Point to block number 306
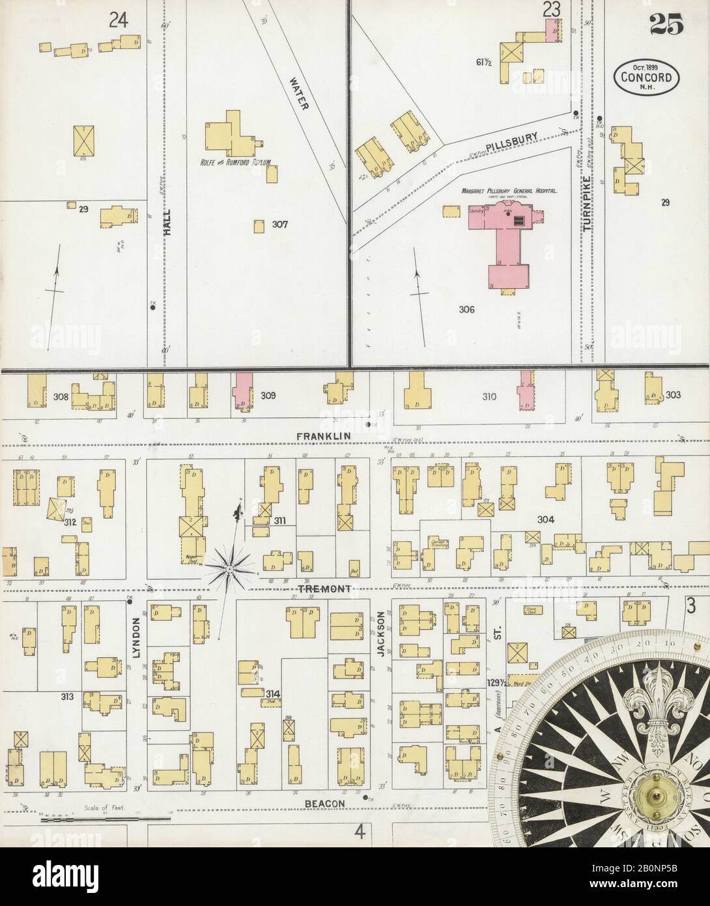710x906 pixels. click(466, 310)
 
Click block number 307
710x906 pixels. click(280, 225)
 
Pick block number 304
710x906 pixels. click(545, 519)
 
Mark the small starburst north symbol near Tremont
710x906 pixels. click(229, 569)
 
